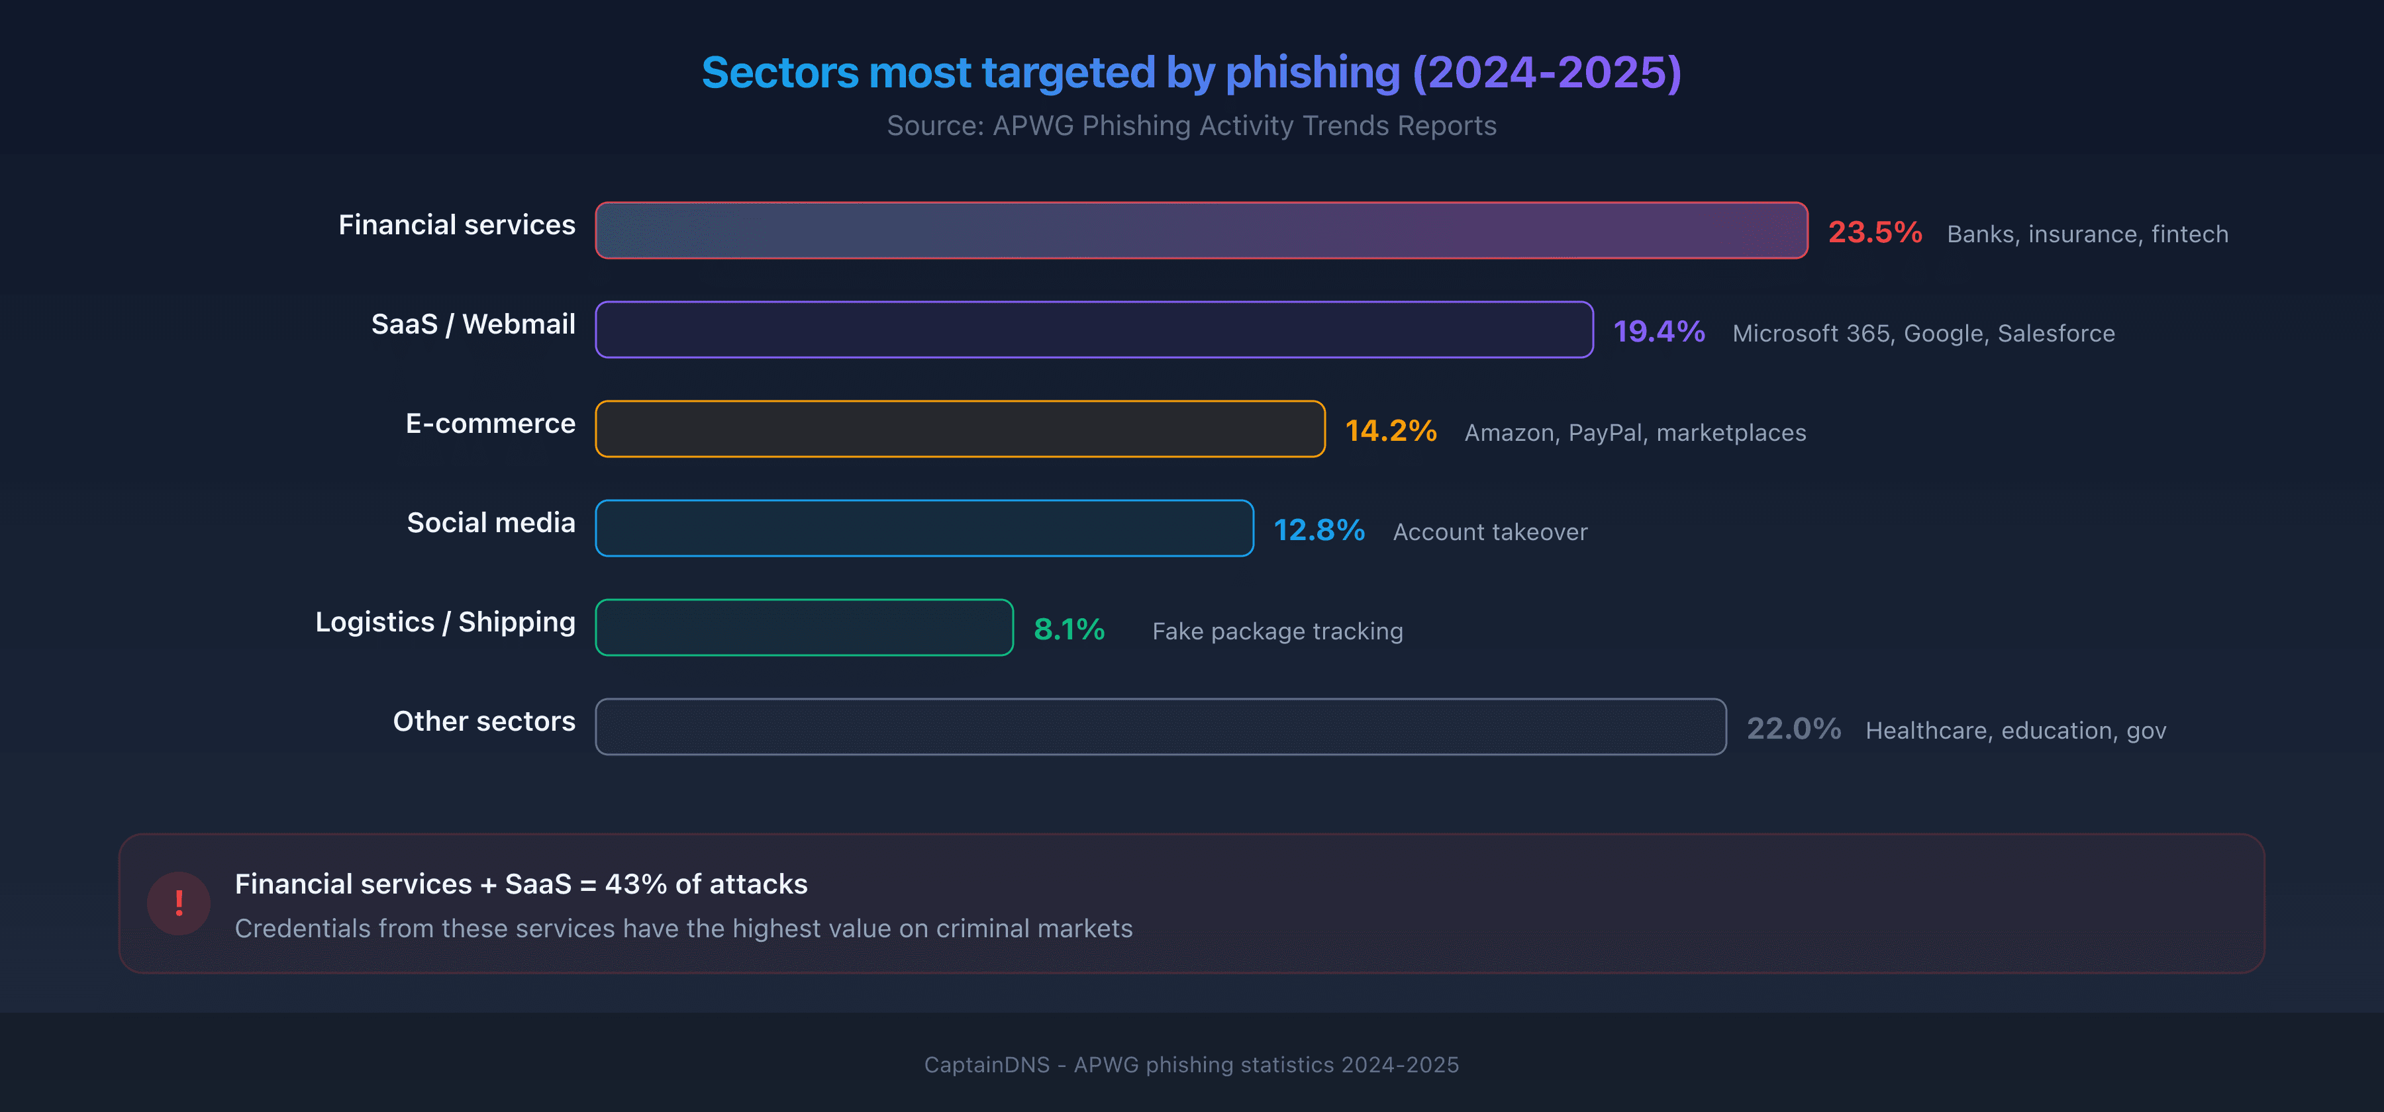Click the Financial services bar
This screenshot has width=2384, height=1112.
(1201, 230)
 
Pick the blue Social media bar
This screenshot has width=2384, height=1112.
(924, 528)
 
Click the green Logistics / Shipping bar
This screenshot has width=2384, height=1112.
(803, 627)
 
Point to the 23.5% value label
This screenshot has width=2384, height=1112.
(1874, 232)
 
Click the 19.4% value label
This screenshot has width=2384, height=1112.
(1658, 331)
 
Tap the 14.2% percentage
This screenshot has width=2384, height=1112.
(1390, 431)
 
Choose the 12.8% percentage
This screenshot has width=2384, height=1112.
(1318, 530)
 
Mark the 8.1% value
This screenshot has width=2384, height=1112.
(1069, 629)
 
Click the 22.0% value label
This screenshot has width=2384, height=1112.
(1793, 729)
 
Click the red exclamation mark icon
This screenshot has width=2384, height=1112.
(179, 903)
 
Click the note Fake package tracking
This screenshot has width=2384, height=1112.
(1277, 631)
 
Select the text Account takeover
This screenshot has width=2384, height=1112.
(1489, 532)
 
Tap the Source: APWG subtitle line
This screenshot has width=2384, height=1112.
(1191, 126)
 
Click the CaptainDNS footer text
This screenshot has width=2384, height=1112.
(1191, 1065)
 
